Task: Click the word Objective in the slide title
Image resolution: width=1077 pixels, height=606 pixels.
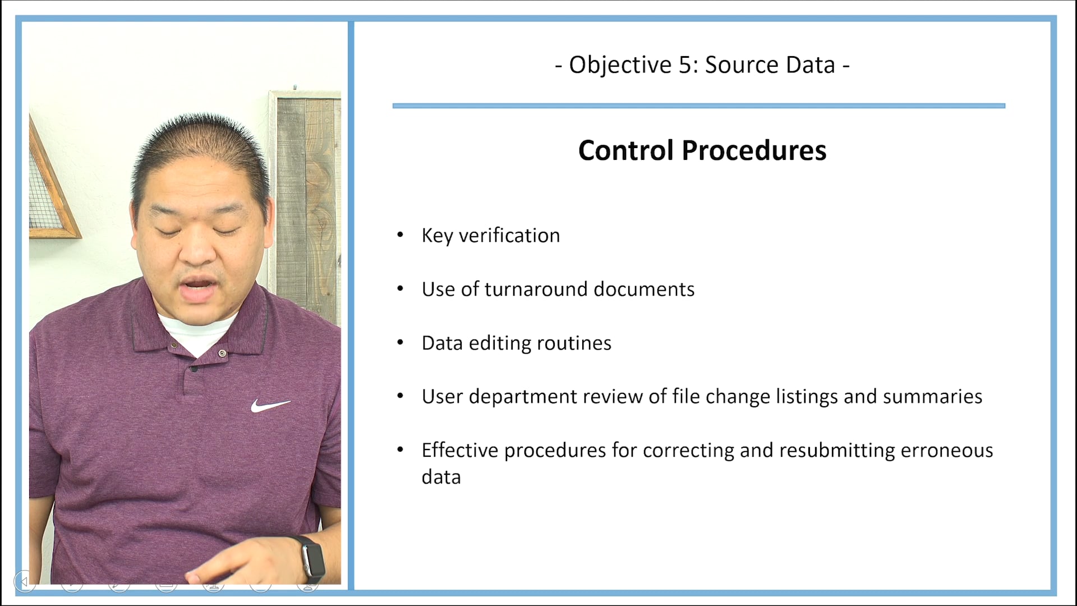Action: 620,66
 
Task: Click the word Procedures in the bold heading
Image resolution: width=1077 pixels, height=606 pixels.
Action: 754,151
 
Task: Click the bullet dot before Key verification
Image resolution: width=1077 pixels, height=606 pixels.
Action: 400,235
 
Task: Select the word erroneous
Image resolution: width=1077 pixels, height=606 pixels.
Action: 947,451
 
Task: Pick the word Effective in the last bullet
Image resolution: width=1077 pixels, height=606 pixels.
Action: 460,450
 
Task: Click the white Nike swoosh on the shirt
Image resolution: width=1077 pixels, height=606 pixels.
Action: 270,405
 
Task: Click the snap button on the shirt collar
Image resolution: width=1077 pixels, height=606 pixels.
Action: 222,353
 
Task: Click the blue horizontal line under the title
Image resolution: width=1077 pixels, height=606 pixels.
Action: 699,105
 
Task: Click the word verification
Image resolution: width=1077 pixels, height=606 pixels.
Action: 509,236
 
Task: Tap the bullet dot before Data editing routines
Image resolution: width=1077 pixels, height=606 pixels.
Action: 400,342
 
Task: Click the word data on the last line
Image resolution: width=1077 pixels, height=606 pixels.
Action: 441,477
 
